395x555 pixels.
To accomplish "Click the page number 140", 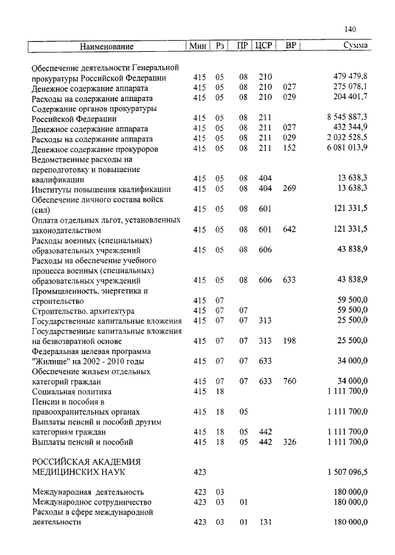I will [x=351, y=28].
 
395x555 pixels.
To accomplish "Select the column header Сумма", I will [x=355, y=46].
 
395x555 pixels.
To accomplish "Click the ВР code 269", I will [x=288, y=189].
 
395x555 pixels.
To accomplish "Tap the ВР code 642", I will [x=288, y=229].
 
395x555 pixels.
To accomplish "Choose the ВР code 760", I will [x=288, y=381].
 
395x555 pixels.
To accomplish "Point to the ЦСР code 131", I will [x=265, y=522].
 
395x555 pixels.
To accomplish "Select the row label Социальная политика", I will [x=71, y=391].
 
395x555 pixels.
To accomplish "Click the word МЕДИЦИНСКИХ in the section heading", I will [x=65, y=472].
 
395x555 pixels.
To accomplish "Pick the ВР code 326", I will [x=288, y=442].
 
